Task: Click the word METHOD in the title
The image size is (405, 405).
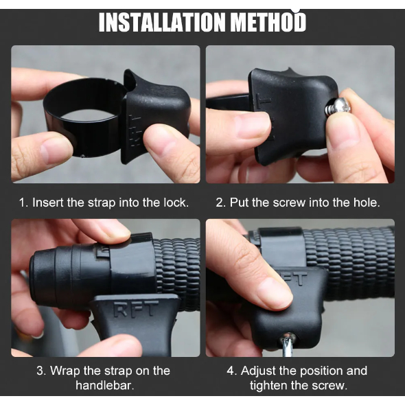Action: pyautogui.click(x=268, y=22)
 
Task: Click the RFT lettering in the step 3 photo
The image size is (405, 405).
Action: pyautogui.click(x=135, y=309)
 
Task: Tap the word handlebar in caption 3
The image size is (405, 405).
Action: pyautogui.click(x=105, y=386)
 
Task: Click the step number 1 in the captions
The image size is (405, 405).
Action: pyautogui.click(x=23, y=202)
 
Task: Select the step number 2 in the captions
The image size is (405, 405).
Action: pyautogui.click(x=221, y=202)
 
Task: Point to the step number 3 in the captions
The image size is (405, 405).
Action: pyautogui.click(x=41, y=371)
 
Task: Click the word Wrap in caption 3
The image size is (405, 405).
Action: pyautogui.click(x=65, y=371)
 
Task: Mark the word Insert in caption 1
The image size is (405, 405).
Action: pyautogui.click(x=48, y=202)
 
